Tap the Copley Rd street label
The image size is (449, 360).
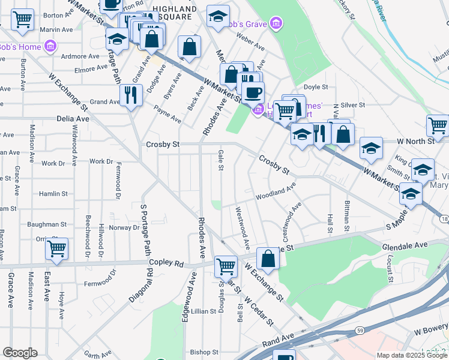(x=170, y=263)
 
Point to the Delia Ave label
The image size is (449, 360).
(x=73, y=119)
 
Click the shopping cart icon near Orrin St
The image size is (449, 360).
(x=56, y=248)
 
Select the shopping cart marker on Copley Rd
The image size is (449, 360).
(x=226, y=265)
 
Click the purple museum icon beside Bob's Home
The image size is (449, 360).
(x=50, y=46)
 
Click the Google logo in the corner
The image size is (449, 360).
(x=20, y=353)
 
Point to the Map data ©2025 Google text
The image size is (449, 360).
(x=411, y=355)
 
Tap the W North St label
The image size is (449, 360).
(x=415, y=142)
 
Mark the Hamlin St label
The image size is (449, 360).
(x=53, y=194)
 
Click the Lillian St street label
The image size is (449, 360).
(x=203, y=311)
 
